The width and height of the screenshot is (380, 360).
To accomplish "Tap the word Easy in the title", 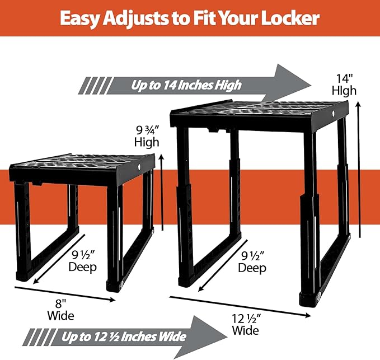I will coord(81,18).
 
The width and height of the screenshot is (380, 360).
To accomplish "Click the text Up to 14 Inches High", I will coord(186,85).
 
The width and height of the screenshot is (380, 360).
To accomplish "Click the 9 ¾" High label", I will coord(147,135).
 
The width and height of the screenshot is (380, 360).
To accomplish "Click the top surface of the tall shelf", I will coord(260,108).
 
